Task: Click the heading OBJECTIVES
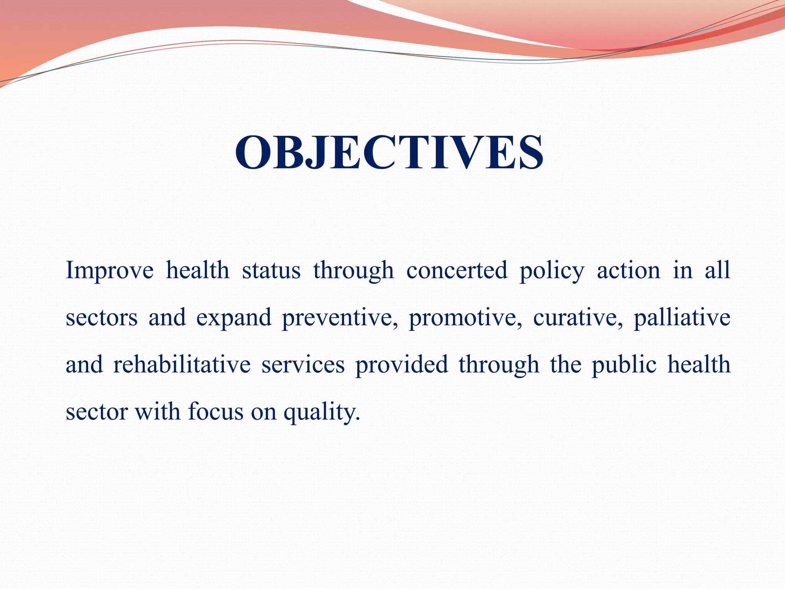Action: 389,153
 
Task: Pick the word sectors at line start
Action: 102,318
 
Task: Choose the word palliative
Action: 682,318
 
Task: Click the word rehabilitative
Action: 182,365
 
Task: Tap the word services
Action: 303,365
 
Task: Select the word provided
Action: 401,365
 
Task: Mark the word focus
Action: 216,412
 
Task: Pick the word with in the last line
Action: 158,412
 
